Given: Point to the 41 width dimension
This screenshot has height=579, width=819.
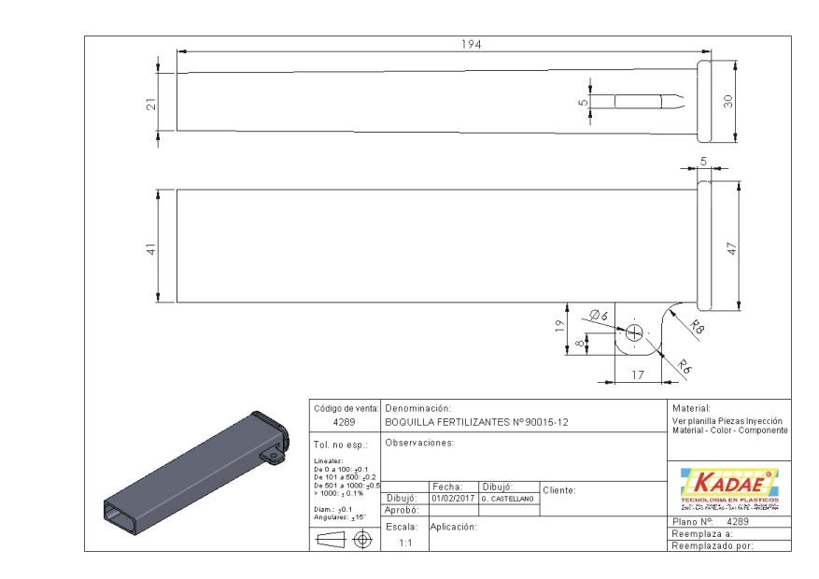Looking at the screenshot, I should click(164, 247).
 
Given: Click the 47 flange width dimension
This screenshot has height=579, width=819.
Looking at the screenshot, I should click(731, 249).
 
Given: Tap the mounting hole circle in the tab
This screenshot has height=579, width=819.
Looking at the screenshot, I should click(635, 332).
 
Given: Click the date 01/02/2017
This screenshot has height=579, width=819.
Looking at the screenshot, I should click(454, 499).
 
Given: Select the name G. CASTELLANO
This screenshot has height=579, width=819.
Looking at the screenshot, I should click(506, 500).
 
